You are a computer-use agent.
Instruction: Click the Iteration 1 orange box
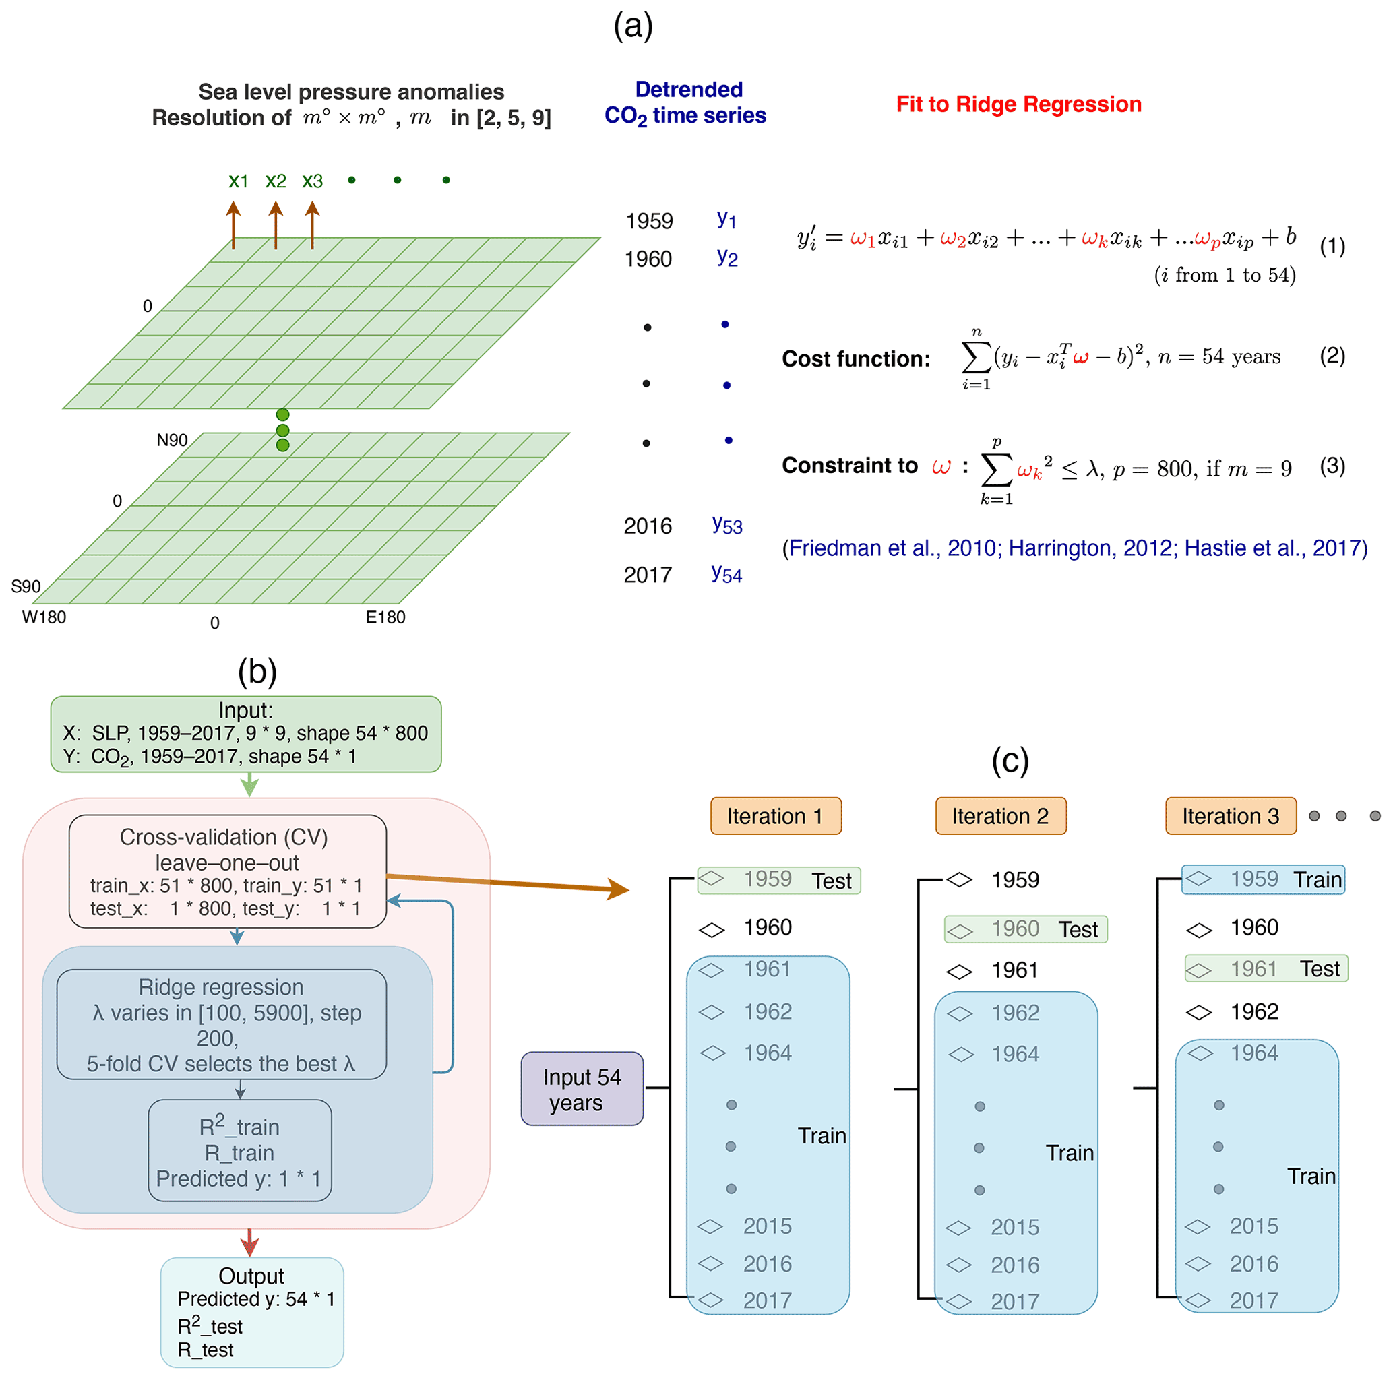(776, 815)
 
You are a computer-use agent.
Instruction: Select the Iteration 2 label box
(1001, 815)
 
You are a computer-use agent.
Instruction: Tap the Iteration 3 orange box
(1231, 815)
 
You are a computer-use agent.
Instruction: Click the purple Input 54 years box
(582, 1088)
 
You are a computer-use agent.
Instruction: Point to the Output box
(251, 1312)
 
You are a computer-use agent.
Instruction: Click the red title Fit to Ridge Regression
(1019, 104)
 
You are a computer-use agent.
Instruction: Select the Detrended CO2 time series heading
(685, 102)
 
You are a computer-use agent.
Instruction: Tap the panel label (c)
(1010, 761)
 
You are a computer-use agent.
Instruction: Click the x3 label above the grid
(312, 181)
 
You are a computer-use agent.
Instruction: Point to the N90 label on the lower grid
(172, 440)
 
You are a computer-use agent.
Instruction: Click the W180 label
(44, 617)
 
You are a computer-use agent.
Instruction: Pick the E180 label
(385, 617)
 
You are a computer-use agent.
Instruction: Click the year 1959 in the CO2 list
(649, 220)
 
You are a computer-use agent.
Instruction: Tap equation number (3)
(1332, 466)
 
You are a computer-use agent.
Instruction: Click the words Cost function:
(857, 359)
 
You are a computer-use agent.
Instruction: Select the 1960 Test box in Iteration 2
(1026, 929)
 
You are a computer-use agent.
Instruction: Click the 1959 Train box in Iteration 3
(1263, 879)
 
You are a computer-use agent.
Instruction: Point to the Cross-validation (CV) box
(228, 871)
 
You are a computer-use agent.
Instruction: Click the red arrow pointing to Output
(249, 1243)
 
